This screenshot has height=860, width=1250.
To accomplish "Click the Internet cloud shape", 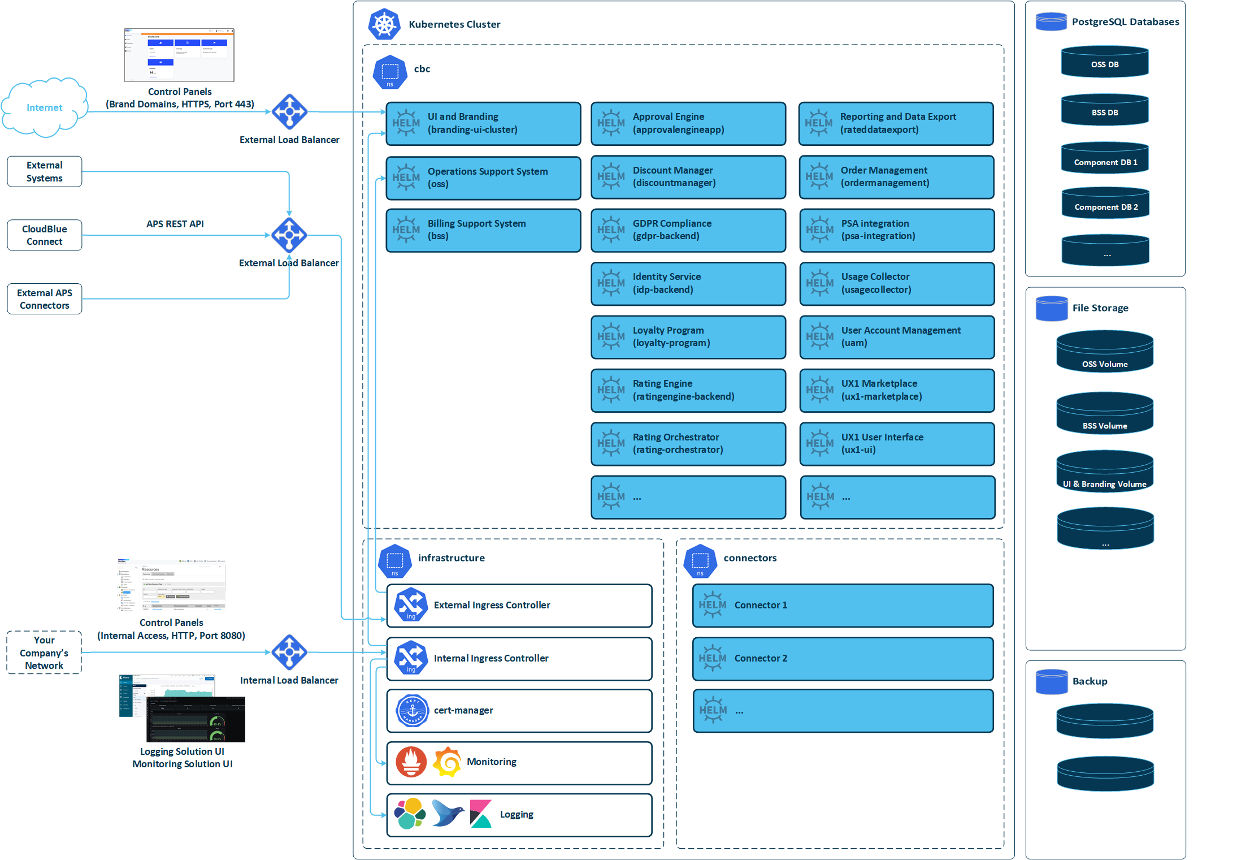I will (x=44, y=107).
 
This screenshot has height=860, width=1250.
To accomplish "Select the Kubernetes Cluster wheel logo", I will (x=384, y=24).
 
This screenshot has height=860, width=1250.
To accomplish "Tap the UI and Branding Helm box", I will (x=483, y=123).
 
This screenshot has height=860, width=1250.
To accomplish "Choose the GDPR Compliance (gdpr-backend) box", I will (x=688, y=230).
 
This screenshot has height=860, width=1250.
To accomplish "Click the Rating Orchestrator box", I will (x=688, y=444).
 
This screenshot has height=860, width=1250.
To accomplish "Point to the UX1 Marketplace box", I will (x=897, y=390).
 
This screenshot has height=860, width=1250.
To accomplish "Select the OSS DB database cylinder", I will (x=1104, y=62).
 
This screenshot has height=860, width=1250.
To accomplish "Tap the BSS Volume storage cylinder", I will (x=1104, y=414).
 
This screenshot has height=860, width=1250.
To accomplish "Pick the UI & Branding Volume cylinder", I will (x=1104, y=472).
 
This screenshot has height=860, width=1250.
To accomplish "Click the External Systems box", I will (x=44, y=171).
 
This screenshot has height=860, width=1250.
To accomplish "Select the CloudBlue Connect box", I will (x=44, y=235).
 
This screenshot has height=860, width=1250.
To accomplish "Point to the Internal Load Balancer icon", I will (x=289, y=652).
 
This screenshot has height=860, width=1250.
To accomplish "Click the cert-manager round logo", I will (x=413, y=711).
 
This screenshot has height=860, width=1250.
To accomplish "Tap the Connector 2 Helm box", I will (x=843, y=659).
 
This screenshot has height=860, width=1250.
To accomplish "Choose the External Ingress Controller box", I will (x=519, y=606).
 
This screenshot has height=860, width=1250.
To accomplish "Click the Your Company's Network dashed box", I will (x=44, y=652).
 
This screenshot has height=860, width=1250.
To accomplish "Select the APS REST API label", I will (x=175, y=224).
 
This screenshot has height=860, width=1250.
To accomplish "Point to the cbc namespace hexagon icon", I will (x=390, y=72).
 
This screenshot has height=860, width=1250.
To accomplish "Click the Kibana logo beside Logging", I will (x=481, y=814).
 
